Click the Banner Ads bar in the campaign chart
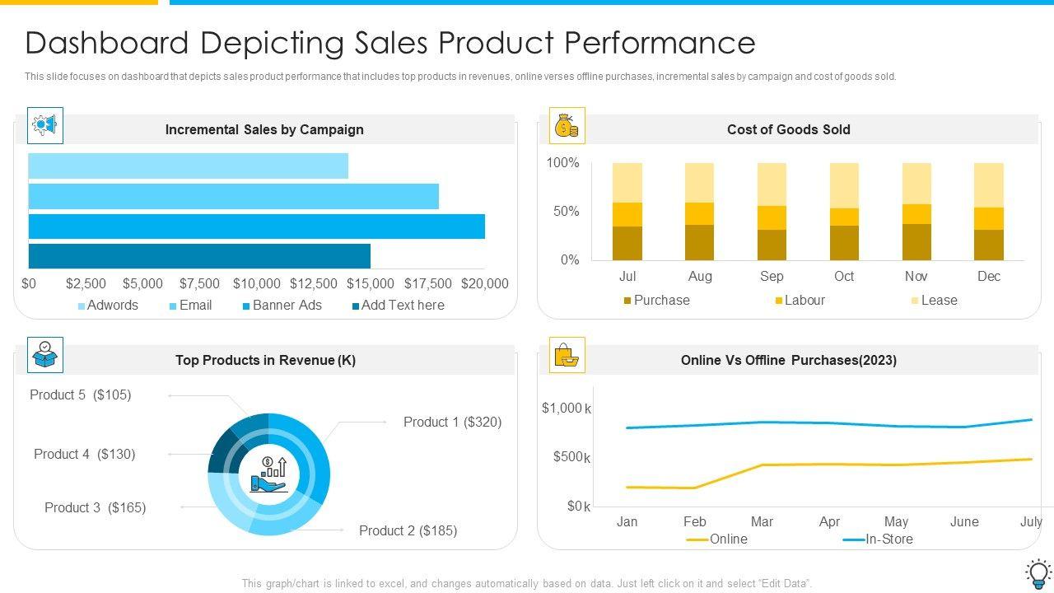coord(256,226)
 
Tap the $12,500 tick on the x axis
coord(314,283)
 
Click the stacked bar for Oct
coord(844,212)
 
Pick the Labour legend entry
coord(800,300)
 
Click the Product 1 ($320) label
coord(452,422)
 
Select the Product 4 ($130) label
coord(85,454)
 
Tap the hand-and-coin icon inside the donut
coord(268,474)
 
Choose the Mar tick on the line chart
coord(762,521)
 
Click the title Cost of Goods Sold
coord(788,129)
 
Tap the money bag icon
coord(567,126)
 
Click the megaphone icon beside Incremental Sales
coord(45,125)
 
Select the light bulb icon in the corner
coord(1038,572)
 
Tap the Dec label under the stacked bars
coord(988,276)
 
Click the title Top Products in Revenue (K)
coord(265,360)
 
